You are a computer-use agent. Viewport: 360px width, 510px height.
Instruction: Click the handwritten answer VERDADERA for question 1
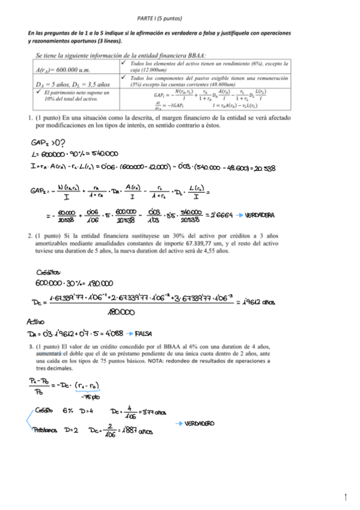[x=260, y=215]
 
